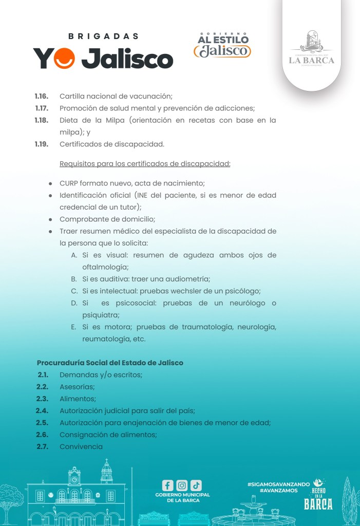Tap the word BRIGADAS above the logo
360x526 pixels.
(104, 36)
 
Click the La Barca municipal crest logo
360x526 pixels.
(311, 49)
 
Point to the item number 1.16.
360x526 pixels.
(42, 96)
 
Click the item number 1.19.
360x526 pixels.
(42, 144)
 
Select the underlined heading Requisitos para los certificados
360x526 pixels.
(145, 164)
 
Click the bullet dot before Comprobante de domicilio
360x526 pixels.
(50, 219)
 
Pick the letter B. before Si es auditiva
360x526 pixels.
(74, 279)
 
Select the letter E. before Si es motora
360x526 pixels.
(74, 327)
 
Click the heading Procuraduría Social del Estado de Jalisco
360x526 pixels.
(110, 363)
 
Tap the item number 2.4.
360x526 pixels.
(42, 410)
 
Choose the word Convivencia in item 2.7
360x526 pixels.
(81, 446)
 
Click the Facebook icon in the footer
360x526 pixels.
(167, 485)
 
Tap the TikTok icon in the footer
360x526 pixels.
(196, 485)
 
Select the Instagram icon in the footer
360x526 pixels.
(182, 485)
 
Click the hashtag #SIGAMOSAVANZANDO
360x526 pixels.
(278, 484)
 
